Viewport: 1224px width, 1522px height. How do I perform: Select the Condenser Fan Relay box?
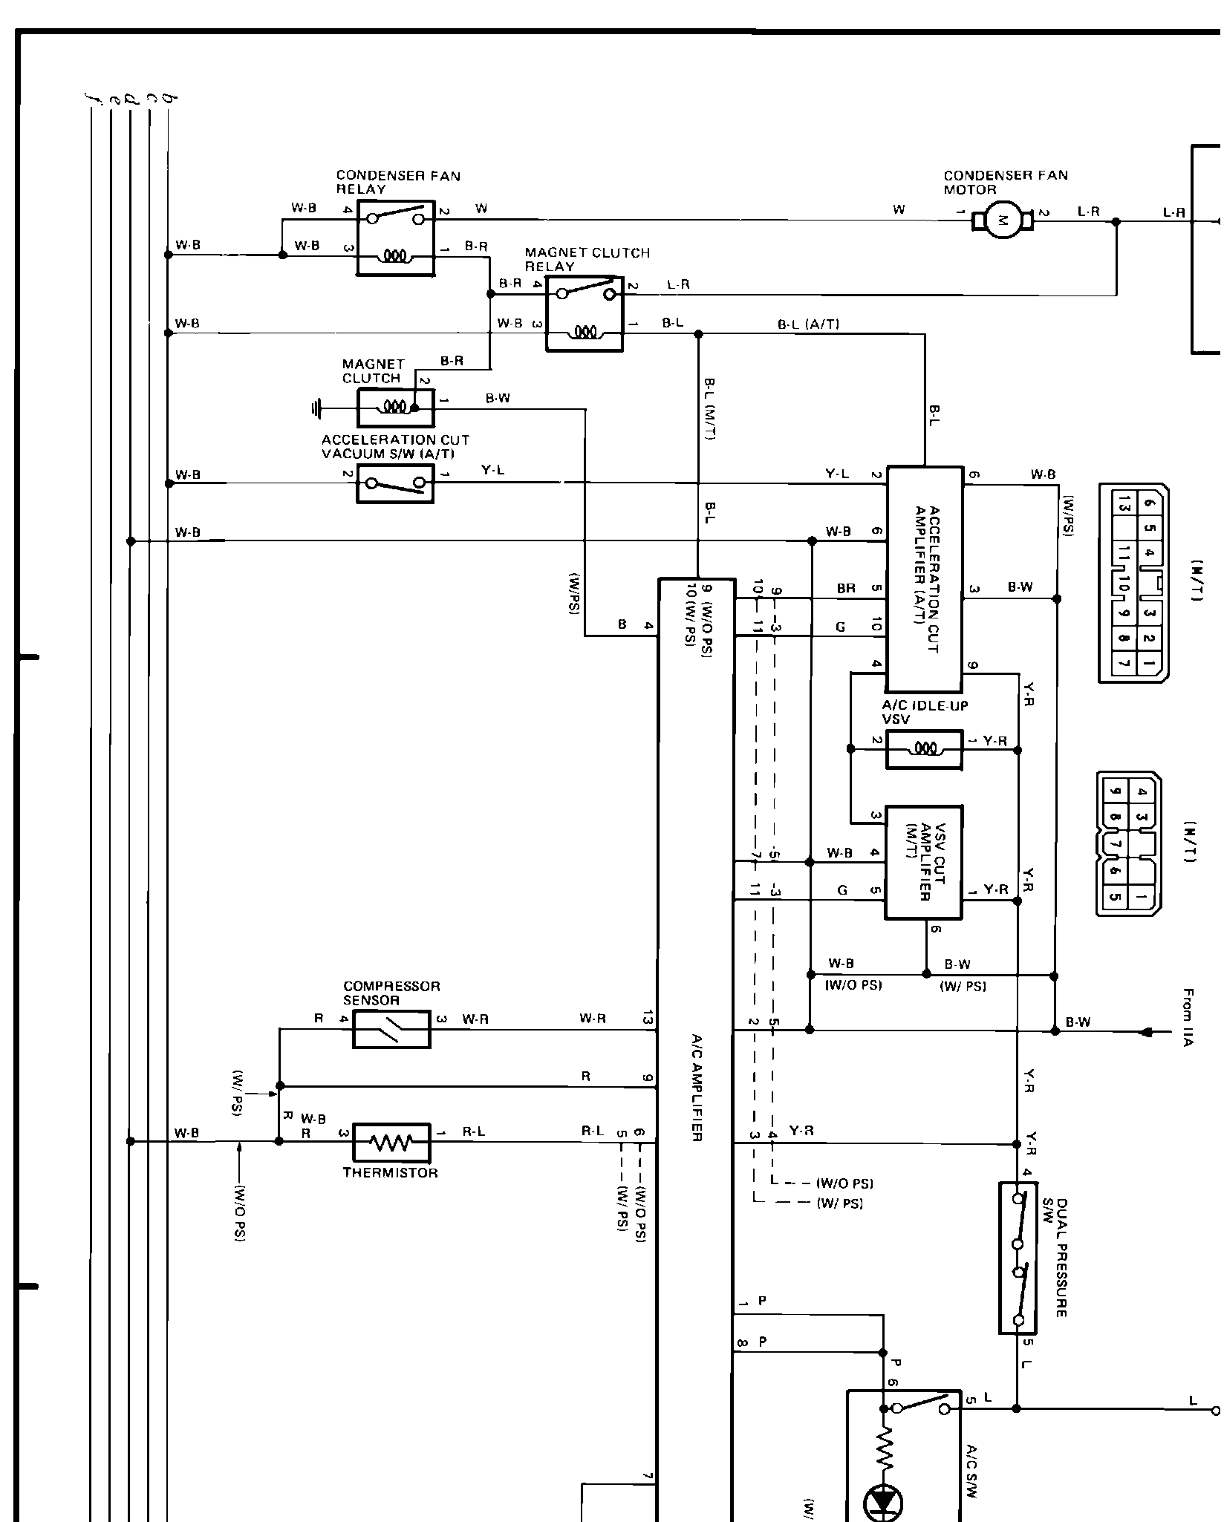point(396,238)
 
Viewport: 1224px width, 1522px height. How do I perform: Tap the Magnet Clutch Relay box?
point(585,313)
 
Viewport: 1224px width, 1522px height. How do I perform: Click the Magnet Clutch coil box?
point(395,407)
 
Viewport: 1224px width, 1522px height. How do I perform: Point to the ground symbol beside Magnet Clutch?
point(318,408)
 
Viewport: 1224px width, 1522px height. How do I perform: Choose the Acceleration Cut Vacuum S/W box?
point(395,483)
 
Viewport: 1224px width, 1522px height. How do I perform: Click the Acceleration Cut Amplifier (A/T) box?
point(925,579)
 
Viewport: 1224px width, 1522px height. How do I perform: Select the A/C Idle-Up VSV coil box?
point(924,749)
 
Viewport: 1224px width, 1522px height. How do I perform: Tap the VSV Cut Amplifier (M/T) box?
point(923,862)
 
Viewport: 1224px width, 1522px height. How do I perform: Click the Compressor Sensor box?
point(391,1029)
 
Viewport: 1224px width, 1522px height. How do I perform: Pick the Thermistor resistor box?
point(391,1142)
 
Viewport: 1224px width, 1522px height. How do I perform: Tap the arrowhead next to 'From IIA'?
point(1147,1031)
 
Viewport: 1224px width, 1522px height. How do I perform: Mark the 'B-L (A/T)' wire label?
point(808,324)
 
